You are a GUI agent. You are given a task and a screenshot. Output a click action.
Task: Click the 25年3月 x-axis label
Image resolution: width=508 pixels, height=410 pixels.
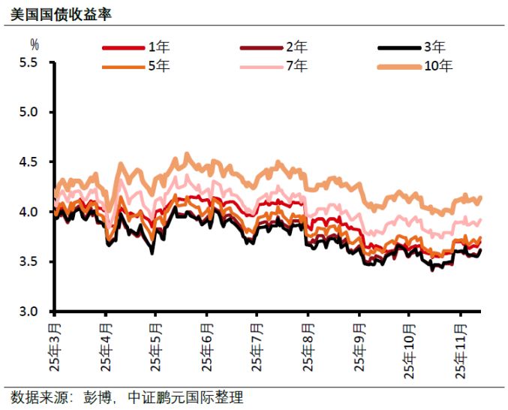(56, 346)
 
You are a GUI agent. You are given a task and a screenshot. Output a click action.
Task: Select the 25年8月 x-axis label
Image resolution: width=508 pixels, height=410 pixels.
(308, 346)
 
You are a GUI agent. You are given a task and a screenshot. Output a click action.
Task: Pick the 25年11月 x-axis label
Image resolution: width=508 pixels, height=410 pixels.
(459, 348)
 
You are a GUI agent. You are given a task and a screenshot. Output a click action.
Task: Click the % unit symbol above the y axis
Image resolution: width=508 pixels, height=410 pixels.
(34, 44)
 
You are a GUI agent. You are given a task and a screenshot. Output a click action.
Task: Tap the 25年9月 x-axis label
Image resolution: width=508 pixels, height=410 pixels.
(358, 346)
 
